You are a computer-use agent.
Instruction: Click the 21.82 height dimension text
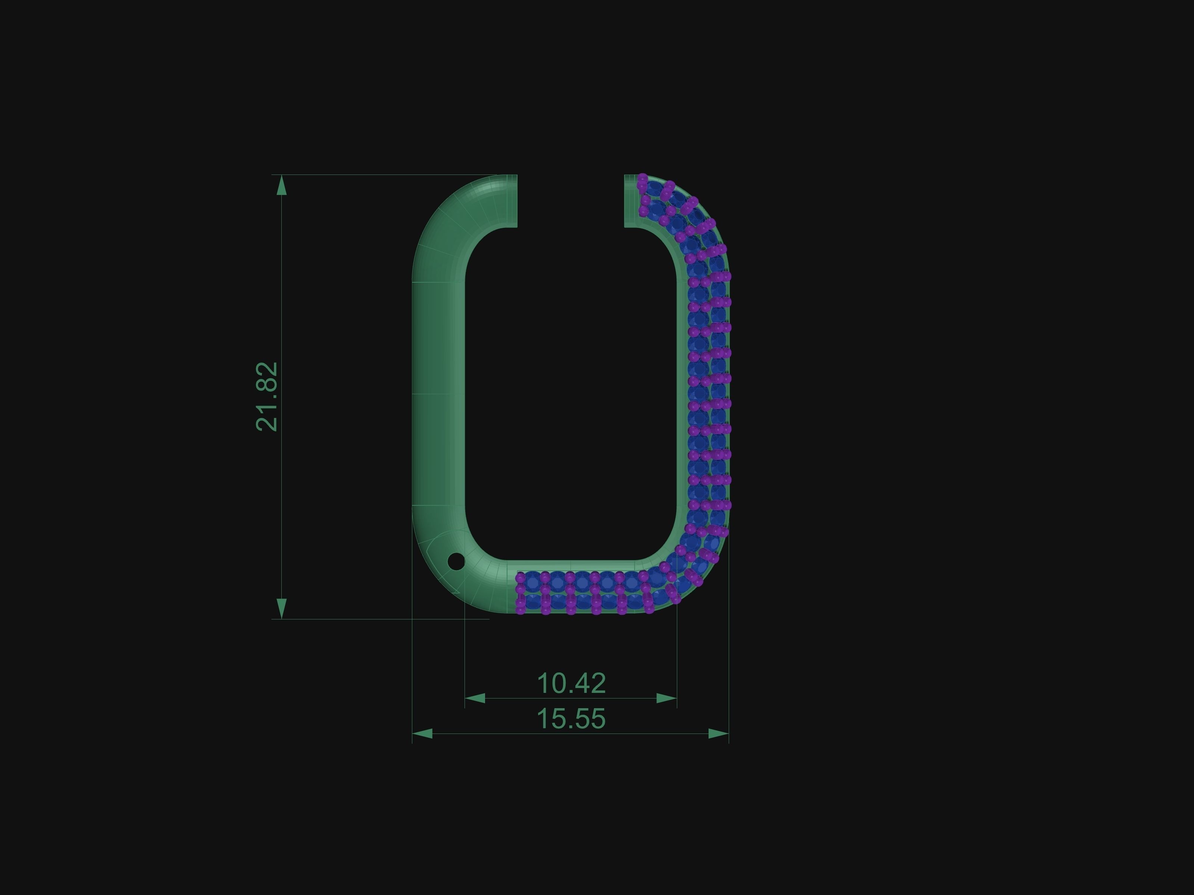(x=267, y=396)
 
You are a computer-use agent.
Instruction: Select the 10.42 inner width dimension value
(x=571, y=684)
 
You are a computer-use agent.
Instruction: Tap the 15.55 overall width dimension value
(x=571, y=719)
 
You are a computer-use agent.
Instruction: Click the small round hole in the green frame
(x=456, y=561)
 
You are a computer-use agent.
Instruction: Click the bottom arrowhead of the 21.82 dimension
(x=281, y=609)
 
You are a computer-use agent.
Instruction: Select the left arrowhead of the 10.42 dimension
(x=475, y=698)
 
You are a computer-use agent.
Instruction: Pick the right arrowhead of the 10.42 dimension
(x=667, y=698)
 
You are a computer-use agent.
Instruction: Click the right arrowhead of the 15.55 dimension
(x=718, y=734)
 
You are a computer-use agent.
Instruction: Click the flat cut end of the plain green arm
(x=516, y=201)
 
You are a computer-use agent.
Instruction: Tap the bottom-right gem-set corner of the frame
(x=691, y=577)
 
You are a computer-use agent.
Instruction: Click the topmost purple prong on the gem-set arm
(x=643, y=178)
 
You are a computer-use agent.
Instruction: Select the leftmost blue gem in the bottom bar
(x=532, y=581)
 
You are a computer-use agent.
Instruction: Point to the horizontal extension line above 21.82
(x=378, y=175)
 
